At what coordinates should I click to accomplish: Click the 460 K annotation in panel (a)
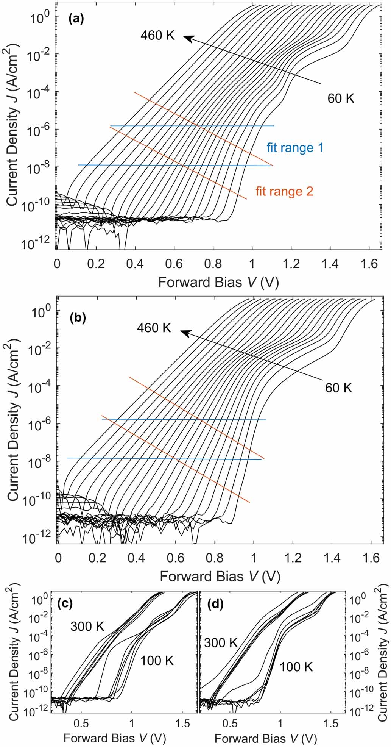[157, 35]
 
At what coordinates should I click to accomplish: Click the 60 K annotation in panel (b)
[338, 388]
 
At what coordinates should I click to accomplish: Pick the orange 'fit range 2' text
[285, 191]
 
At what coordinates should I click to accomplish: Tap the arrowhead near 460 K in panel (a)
[187, 37]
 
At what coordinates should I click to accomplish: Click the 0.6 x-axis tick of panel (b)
[176, 558]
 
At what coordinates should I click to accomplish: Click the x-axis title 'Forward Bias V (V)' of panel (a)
[218, 283]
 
